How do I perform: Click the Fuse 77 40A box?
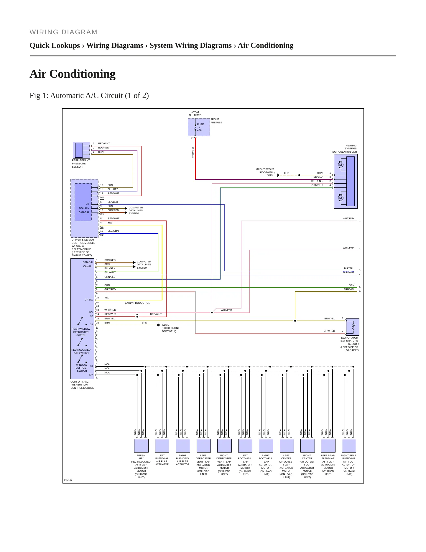(199, 127)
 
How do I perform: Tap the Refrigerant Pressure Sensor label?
(81, 164)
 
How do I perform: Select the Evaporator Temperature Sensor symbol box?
(353, 327)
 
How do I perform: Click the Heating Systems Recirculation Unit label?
(344, 149)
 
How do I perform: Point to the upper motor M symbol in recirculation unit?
(341, 165)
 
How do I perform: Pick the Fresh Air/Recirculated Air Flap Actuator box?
(141, 445)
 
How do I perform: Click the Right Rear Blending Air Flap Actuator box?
(349, 445)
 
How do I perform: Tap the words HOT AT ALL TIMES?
(195, 114)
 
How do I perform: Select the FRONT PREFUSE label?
(216, 121)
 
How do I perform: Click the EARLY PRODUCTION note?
(137, 303)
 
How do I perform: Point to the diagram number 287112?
(68, 480)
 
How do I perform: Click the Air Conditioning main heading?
(73, 74)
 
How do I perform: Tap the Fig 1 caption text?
(89, 96)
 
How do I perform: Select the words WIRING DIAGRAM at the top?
(63, 32)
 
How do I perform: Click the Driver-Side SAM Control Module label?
(83, 248)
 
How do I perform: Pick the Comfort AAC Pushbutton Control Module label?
(82, 385)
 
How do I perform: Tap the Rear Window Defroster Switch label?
(81, 332)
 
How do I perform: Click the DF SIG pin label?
(89, 300)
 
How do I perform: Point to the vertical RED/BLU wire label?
(193, 153)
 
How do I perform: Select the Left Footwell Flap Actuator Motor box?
(245, 445)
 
